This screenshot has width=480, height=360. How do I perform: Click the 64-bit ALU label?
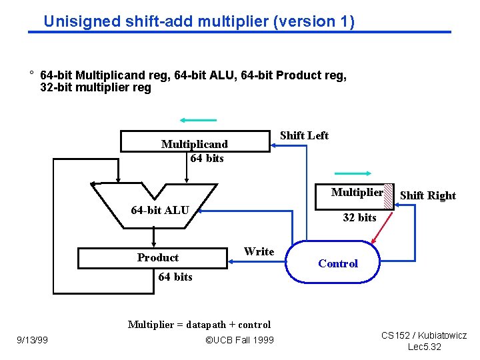point(160,211)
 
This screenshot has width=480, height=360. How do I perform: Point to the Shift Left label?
point(304,135)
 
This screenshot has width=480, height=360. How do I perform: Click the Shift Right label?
point(427,195)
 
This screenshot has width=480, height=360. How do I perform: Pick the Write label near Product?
point(259,251)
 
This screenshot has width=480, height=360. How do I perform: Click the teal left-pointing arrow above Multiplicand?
point(198,120)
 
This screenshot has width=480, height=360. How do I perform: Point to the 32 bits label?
point(359,217)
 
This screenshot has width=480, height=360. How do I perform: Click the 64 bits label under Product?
point(175,277)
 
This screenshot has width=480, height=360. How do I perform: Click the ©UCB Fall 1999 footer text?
point(239,341)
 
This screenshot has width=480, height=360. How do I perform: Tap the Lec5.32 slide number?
point(424,347)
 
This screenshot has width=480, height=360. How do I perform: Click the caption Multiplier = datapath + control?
point(199,325)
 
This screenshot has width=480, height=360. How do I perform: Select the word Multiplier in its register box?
point(357,193)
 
